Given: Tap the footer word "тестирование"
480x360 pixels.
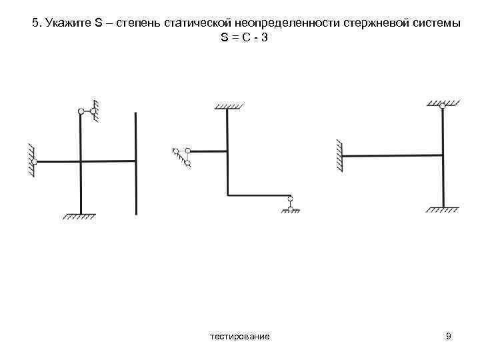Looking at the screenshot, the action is (x=240, y=337).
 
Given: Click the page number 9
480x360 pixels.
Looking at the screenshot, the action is (x=449, y=337).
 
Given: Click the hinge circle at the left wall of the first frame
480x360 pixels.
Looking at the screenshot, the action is (x=34, y=161).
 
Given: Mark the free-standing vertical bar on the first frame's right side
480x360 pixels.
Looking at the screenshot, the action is (x=136, y=163).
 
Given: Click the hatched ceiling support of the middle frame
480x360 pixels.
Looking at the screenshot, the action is (x=227, y=105).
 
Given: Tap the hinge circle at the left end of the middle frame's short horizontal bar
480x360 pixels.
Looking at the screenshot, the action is (x=188, y=151).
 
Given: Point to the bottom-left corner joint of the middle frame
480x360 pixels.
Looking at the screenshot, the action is (x=227, y=195).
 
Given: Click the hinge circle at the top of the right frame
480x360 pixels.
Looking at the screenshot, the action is (x=443, y=106).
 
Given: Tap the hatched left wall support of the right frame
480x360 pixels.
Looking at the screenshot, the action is (x=339, y=156).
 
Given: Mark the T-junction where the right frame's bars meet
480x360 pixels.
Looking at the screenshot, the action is (x=443, y=156).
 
